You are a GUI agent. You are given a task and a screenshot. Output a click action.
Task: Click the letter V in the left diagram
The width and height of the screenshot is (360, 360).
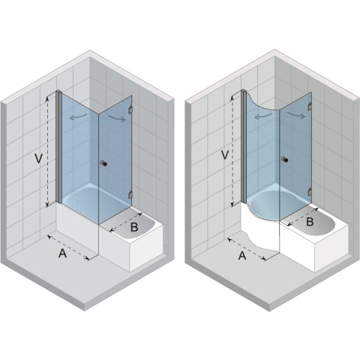38,158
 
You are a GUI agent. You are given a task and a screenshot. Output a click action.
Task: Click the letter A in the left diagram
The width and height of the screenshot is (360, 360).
62,253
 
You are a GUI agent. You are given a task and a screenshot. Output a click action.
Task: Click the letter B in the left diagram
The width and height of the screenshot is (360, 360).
134,227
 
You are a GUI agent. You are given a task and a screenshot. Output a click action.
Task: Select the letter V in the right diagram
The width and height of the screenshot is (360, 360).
225,155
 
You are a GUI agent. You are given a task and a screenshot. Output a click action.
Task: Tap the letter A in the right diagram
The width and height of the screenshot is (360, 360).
242,256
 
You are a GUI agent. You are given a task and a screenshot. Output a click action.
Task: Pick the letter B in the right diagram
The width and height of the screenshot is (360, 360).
310,222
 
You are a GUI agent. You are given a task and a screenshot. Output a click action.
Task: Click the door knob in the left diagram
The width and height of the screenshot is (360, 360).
103,163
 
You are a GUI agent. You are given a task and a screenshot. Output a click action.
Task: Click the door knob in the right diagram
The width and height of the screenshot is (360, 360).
284,159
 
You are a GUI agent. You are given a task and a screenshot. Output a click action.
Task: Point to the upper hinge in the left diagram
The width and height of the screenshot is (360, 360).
130,109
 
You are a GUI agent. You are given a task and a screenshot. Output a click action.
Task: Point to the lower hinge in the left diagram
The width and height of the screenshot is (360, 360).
130,194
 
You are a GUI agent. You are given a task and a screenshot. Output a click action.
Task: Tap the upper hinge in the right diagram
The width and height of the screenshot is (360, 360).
310,106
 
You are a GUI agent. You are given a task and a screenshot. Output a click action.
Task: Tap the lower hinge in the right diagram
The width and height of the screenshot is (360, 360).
310,191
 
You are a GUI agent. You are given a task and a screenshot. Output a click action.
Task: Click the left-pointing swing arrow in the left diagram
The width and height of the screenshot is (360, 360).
78,116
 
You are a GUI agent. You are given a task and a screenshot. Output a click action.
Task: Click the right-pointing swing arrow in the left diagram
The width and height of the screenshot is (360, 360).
116,118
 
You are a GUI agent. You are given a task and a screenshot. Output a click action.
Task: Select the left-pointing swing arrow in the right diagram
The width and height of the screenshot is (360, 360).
263,115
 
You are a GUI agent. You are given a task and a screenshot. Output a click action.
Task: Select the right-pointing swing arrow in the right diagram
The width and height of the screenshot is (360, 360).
296,115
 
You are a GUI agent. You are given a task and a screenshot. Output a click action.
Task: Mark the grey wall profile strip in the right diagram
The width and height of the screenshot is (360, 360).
244,145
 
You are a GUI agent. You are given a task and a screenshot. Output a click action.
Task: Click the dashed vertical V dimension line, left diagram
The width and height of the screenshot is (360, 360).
47,151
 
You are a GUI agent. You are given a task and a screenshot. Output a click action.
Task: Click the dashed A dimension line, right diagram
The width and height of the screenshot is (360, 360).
247,249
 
